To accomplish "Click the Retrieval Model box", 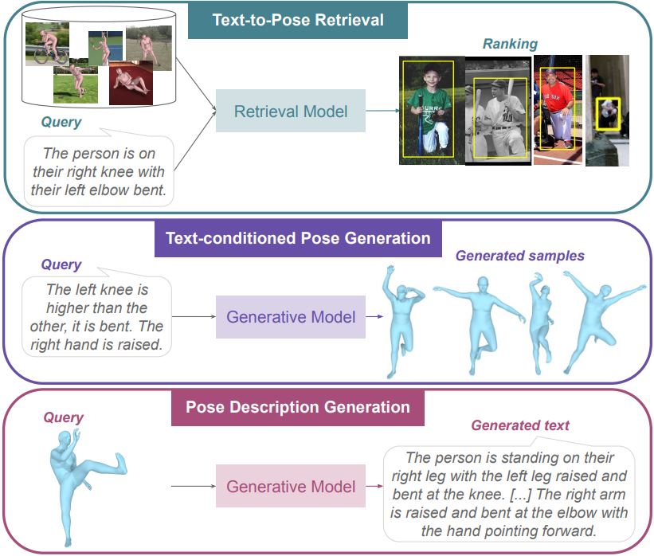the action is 290,111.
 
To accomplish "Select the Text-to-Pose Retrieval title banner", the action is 297,20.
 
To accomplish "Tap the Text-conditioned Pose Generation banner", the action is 298,238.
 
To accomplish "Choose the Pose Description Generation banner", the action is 298,408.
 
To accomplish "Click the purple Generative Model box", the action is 290,317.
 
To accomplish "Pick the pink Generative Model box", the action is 290,487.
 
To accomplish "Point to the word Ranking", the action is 510,45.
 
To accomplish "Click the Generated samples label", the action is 519,256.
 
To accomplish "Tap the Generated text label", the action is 520,425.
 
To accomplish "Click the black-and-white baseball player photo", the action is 499,112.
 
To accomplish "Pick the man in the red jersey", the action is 558,110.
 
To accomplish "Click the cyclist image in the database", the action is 47,44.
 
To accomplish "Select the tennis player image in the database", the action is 105,49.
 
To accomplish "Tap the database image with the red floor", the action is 131,84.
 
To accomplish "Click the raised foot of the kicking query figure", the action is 120,463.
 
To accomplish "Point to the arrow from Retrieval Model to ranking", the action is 382,111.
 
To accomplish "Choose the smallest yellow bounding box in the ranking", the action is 608,114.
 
